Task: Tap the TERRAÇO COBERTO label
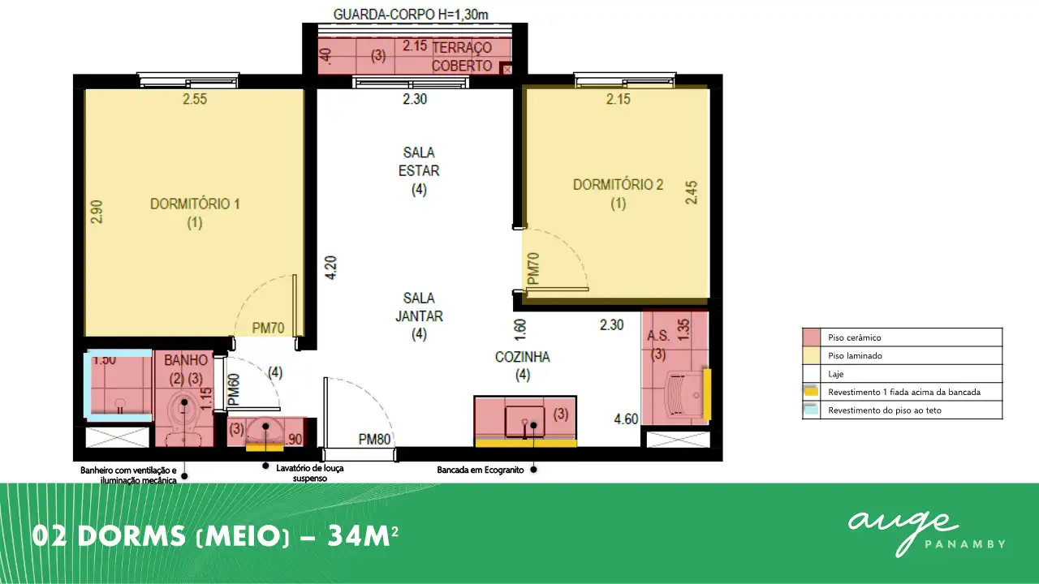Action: tap(462, 57)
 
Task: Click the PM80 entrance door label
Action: tap(374, 439)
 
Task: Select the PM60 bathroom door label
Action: tap(234, 389)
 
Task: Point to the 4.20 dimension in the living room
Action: tap(331, 268)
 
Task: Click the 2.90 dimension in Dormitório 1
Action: tap(97, 212)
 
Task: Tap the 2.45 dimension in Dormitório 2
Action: tap(691, 192)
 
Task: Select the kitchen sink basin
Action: tap(524, 421)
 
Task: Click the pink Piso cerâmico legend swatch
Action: tap(811, 337)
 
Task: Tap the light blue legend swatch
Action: tap(811, 410)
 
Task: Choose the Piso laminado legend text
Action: tap(855, 355)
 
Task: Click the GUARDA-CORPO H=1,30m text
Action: tap(411, 15)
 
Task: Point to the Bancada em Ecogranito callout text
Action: tap(480, 470)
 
